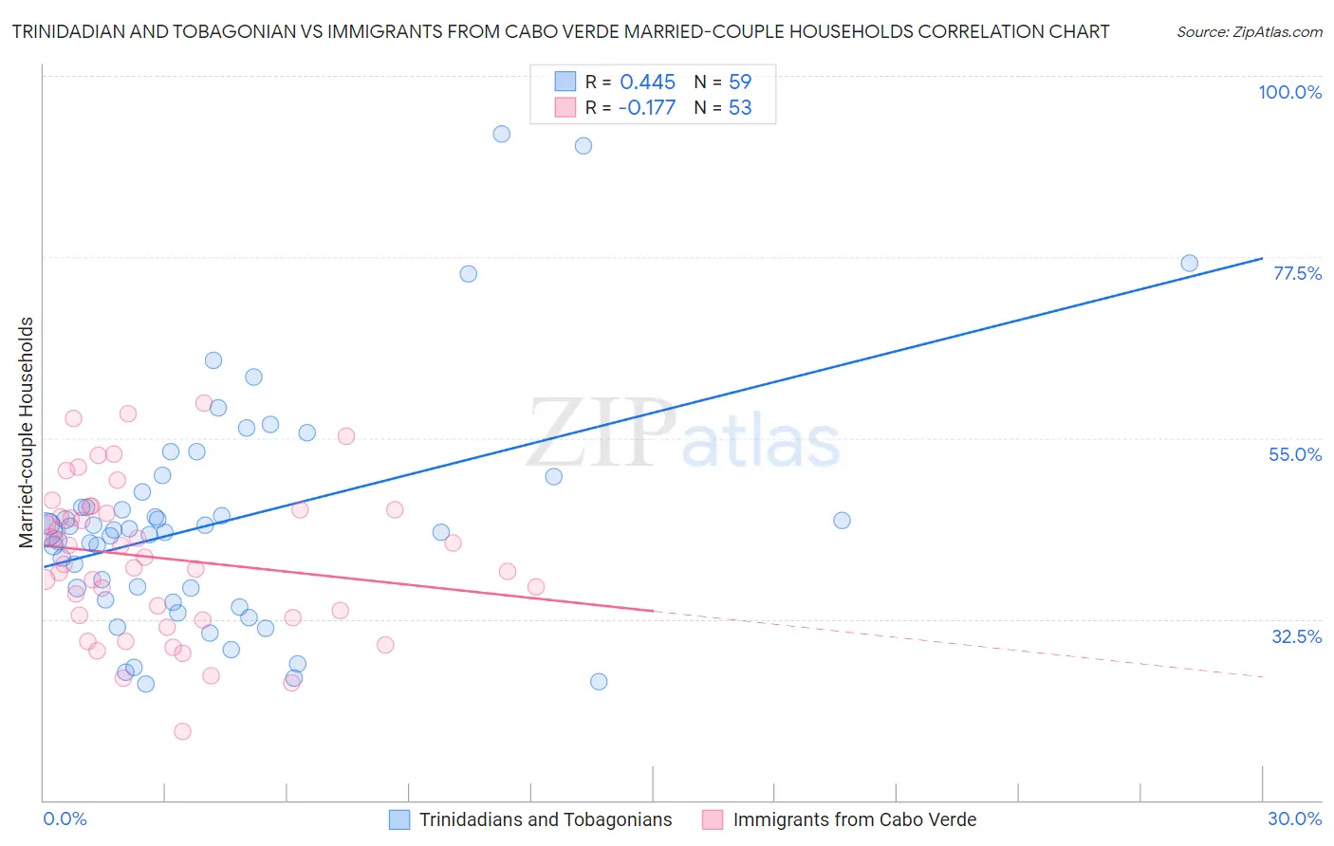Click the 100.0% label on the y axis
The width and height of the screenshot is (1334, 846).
tap(1289, 92)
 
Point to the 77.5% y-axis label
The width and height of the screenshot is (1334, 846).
tap(1297, 273)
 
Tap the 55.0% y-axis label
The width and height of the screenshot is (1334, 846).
tap(1295, 454)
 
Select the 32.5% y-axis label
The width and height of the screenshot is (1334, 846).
tap(1296, 636)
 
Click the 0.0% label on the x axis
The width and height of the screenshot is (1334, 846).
tap(65, 818)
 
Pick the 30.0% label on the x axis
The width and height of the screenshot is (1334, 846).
tap(1294, 818)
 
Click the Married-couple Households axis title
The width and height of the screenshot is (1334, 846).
tap(27, 432)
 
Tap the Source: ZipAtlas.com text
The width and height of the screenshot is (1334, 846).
tap(1249, 32)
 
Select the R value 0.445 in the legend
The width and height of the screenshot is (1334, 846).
tap(647, 82)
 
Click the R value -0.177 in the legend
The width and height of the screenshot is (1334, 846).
tap(646, 107)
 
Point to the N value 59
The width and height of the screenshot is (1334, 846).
tap(740, 82)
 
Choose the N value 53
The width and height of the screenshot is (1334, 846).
tap(740, 107)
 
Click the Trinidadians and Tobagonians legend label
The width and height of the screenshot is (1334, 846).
tap(546, 819)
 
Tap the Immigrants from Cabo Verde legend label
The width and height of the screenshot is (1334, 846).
tap(854, 819)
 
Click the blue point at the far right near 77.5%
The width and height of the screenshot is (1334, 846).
tap(1189, 264)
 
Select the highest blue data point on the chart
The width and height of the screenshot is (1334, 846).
tap(502, 134)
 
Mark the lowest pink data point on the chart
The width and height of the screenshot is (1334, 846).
tap(182, 731)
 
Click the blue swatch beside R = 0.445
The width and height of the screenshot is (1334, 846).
tap(565, 82)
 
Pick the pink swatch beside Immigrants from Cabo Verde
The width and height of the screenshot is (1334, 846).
tap(713, 819)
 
